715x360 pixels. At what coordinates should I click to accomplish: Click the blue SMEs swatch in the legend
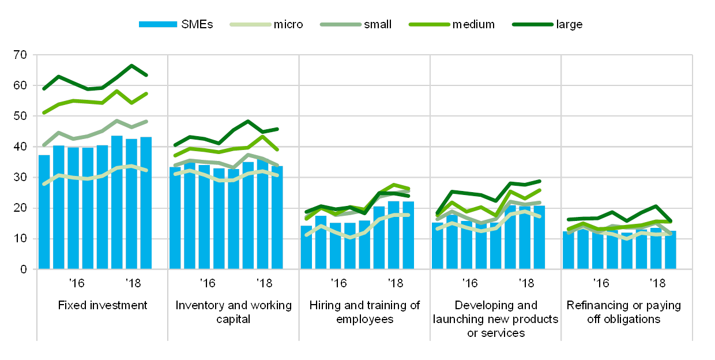coord(158,24)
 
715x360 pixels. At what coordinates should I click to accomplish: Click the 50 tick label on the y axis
coord(21,117)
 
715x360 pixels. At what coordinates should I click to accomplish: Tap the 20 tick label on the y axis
coord(21,208)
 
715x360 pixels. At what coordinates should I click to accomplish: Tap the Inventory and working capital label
coord(233,312)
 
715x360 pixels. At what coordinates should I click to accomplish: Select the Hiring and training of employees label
coord(364,312)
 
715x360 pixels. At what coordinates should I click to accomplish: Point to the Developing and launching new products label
coord(496,318)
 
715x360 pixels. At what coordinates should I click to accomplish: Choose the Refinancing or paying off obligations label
coord(627,312)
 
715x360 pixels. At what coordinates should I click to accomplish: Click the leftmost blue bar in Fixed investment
coord(44,212)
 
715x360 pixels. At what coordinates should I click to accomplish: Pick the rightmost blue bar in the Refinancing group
coord(671,250)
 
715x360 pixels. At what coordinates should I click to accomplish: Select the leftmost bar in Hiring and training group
coord(306,247)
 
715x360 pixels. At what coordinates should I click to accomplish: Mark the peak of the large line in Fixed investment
coord(132,65)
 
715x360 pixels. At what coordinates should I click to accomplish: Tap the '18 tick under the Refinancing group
coord(657,283)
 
